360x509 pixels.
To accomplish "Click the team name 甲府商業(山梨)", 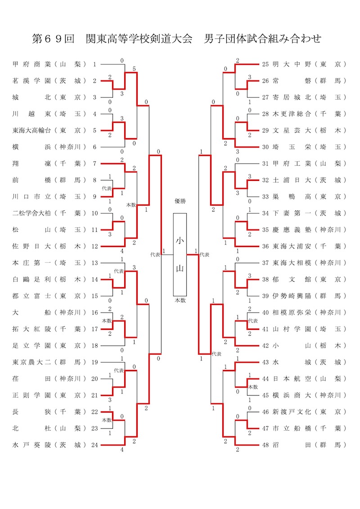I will coord(49,64).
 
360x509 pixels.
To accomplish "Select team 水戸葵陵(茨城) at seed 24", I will coord(49,445).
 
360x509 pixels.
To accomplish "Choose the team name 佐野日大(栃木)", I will coord(49,246).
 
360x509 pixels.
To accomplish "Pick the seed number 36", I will coord(265,246).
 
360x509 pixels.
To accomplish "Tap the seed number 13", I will coord(94,263).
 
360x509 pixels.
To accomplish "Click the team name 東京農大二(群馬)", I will coord(49,362).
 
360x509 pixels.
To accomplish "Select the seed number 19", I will coord(94,362).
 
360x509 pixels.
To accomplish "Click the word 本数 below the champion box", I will coord(180,300).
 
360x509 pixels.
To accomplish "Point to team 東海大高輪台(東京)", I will coord(49,131).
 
